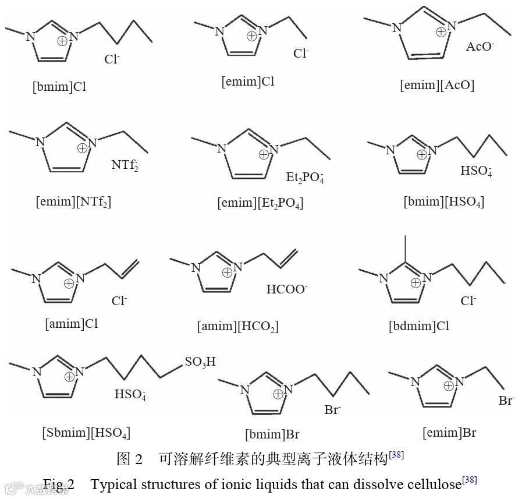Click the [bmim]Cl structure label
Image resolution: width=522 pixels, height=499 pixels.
(x=59, y=87)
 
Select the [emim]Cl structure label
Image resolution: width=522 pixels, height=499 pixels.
(x=248, y=81)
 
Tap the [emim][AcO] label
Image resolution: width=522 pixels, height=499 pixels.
(x=437, y=85)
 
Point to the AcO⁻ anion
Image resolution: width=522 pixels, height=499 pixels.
(x=480, y=47)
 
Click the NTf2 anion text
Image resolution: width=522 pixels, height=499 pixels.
(x=125, y=165)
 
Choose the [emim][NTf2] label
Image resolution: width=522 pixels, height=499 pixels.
(x=73, y=201)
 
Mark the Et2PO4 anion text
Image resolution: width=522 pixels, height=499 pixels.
(x=305, y=178)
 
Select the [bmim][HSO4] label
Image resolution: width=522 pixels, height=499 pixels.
(x=444, y=201)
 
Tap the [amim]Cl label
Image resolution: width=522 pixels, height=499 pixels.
(x=72, y=323)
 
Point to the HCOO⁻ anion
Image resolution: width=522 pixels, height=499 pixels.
(x=287, y=289)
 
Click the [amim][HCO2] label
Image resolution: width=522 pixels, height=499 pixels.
(x=237, y=326)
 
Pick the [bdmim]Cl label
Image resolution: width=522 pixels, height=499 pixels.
(x=419, y=325)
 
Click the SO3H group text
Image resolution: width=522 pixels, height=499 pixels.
(x=200, y=362)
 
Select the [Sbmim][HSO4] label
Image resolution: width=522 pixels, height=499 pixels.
(x=86, y=433)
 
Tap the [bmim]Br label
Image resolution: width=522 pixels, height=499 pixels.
(x=272, y=434)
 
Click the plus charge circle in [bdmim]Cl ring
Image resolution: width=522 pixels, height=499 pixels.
(x=416, y=283)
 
